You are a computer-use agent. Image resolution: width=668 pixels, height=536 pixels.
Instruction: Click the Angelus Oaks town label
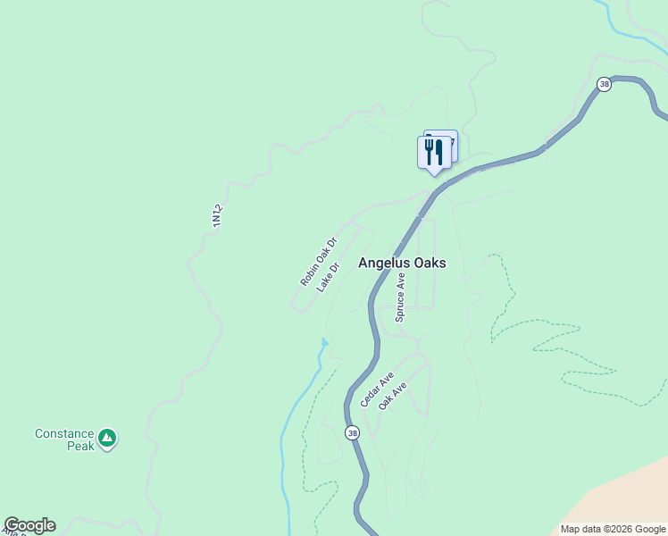[402, 264]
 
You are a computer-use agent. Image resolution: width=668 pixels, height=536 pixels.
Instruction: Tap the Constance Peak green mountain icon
[107, 438]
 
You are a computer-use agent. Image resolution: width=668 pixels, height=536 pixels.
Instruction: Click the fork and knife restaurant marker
[434, 152]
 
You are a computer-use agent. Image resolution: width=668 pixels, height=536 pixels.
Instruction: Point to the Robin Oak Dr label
[318, 262]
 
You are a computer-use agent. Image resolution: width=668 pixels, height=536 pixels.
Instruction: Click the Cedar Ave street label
[377, 389]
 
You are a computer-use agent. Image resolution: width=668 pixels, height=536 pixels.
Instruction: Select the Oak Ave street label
[392, 396]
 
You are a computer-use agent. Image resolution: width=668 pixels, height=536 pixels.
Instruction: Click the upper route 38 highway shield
[605, 85]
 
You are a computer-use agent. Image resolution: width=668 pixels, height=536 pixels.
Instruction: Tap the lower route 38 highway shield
[352, 433]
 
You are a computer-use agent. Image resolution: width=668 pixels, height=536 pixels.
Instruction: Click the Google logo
[29, 525]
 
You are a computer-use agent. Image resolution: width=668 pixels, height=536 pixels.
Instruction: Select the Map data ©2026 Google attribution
[613, 529]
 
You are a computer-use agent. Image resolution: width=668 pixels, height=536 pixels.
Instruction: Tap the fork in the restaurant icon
[429, 150]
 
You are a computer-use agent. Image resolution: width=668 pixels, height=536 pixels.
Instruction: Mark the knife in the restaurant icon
[438, 150]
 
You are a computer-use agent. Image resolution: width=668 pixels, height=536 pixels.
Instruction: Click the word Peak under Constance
[80, 446]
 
